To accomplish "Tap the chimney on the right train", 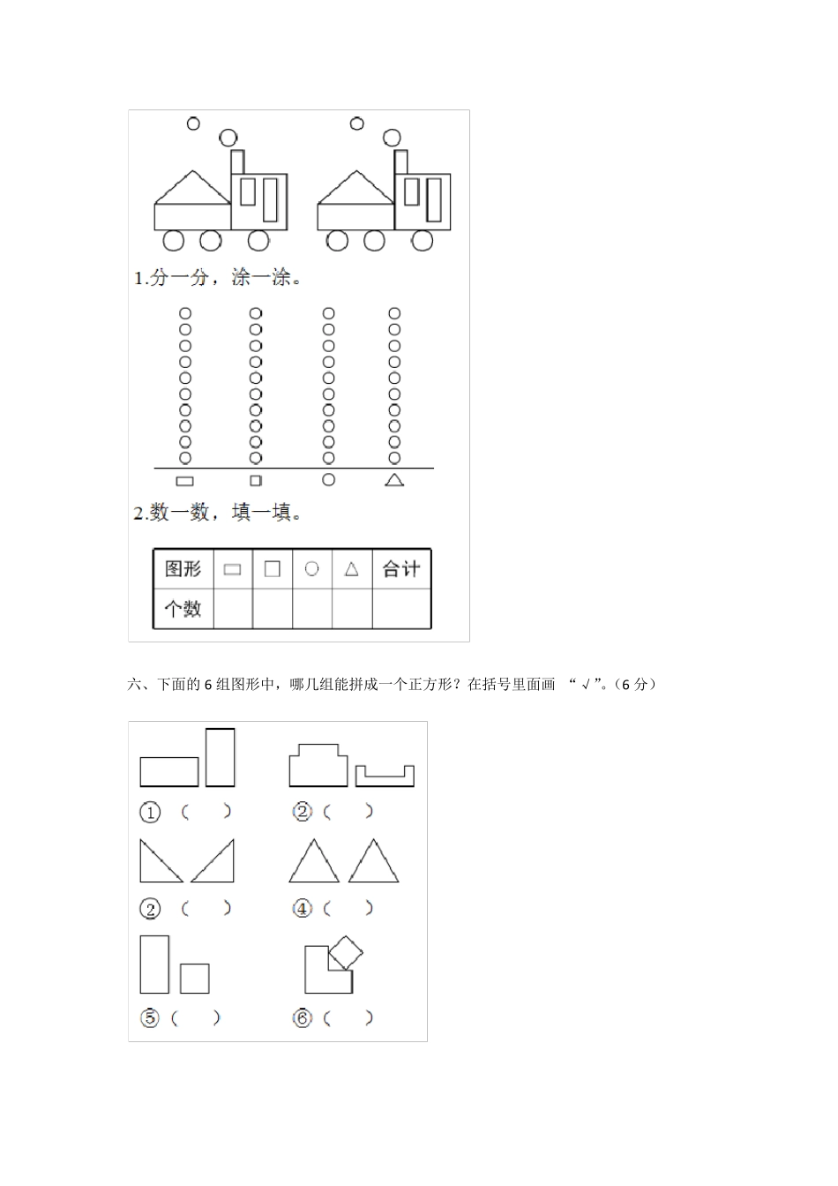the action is coord(400,162).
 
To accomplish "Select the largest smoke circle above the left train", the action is coord(228,137).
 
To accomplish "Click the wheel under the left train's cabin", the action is coord(258,239).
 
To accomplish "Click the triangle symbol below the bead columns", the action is coord(394,480).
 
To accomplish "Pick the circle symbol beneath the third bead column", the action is coord(328,479).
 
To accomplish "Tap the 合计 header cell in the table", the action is coord(401,569).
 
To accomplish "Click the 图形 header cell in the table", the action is coord(183,569).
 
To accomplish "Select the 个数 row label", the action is coord(183,609).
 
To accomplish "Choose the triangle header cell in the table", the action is coord(351,569).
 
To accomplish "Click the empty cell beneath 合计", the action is coord(401,609).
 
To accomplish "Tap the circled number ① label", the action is coord(150,812).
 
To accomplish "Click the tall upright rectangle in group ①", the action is coord(220,757).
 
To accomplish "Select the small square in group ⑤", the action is coord(194,978).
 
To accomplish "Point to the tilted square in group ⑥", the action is coord(346,954).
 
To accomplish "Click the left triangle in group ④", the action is coord(314,863).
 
